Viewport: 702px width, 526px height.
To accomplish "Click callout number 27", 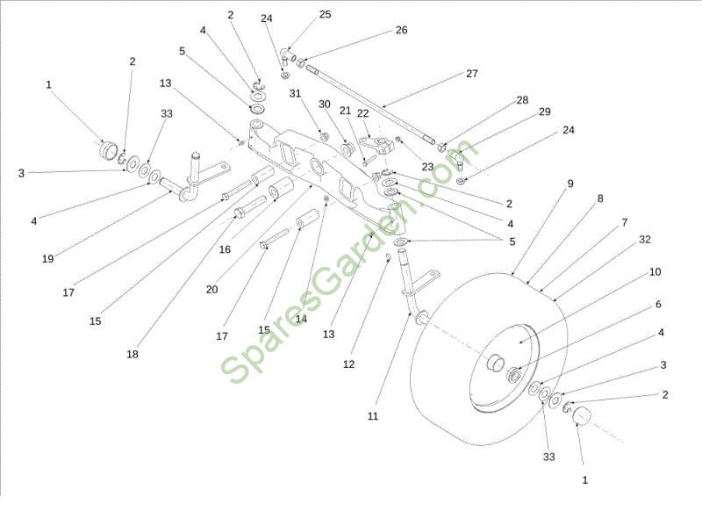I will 471,74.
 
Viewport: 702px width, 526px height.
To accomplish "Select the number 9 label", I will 569,184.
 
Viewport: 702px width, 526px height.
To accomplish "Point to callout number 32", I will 645,239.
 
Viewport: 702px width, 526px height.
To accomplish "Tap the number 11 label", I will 373,415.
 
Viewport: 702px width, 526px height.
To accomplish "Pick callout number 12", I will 350,363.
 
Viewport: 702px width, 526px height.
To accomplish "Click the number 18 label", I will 133,355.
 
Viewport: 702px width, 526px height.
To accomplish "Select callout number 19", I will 48,258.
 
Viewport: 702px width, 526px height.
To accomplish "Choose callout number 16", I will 225,249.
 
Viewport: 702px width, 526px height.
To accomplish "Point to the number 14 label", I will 301,319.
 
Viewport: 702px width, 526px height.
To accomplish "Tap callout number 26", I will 401,30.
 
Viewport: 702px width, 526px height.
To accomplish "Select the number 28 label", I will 522,100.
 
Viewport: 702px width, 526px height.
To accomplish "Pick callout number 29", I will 544,112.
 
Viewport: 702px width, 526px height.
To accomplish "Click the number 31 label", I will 295,94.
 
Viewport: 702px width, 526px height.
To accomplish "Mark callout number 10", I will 655,272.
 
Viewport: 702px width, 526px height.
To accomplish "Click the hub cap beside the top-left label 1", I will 109,150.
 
